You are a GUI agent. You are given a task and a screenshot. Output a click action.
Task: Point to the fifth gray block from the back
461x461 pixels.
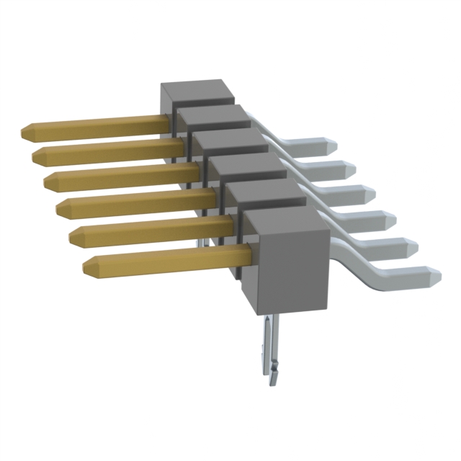coord(263,189)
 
